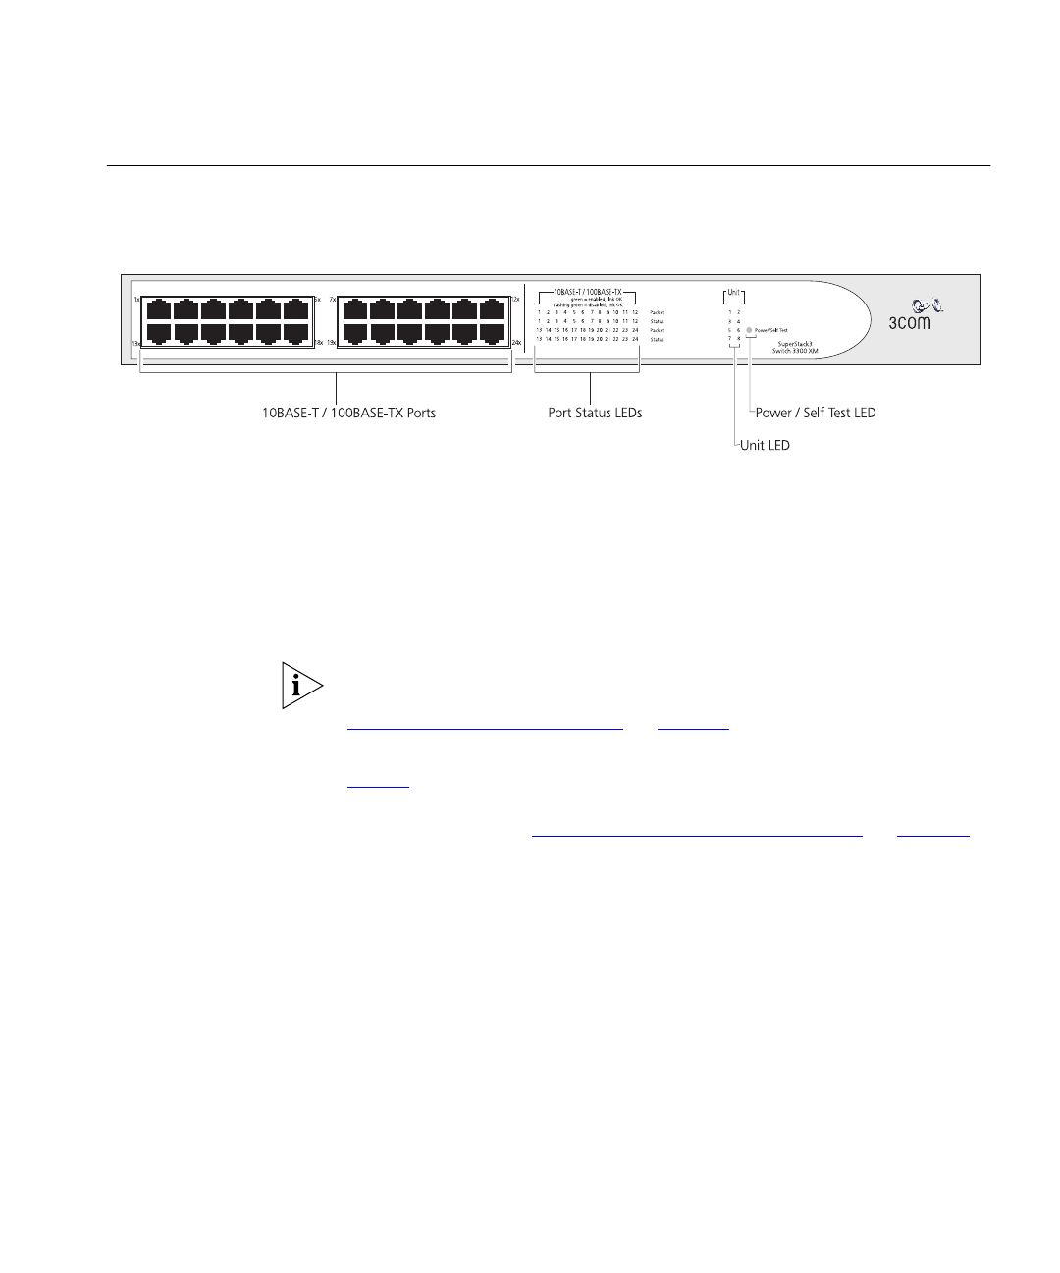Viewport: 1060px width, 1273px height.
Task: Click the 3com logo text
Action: coord(910,322)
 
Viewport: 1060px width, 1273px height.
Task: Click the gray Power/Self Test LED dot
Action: coord(750,330)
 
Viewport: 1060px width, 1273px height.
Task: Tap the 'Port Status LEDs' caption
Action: coord(595,414)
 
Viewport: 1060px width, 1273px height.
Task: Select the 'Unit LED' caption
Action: coord(765,446)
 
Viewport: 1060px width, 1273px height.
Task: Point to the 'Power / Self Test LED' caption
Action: coord(815,414)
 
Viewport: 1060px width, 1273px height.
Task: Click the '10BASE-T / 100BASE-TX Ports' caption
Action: coord(348,414)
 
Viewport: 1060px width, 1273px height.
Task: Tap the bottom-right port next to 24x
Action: coord(493,334)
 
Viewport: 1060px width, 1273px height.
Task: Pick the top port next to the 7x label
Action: coord(356,309)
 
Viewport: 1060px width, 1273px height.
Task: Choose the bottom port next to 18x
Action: coord(296,334)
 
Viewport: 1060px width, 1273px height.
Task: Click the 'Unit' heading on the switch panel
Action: coord(733,293)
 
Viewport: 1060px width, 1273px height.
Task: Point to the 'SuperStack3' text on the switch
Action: coord(797,344)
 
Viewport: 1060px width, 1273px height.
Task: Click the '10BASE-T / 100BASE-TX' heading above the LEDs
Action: coord(588,293)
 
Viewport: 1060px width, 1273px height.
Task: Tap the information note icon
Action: coord(301,686)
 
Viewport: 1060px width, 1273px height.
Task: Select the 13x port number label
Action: coord(136,343)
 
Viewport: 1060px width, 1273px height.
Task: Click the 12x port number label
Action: coord(515,299)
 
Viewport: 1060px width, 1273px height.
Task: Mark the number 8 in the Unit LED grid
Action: coord(739,339)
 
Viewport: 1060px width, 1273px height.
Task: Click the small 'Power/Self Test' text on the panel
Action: coord(771,331)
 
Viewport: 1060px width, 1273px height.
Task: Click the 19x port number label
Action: coord(331,343)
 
